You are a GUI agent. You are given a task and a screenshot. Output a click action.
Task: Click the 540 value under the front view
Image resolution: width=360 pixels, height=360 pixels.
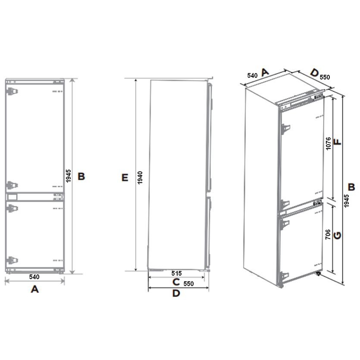(x=34, y=277)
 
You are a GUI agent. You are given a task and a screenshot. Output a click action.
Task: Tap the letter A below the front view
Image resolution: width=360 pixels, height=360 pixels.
(x=35, y=289)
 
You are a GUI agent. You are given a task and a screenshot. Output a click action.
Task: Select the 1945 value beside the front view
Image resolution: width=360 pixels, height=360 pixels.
(x=68, y=176)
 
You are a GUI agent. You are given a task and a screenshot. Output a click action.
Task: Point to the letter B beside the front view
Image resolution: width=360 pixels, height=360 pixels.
(x=81, y=176)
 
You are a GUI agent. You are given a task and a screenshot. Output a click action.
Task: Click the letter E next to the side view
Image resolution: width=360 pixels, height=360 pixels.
(x=125, y=178)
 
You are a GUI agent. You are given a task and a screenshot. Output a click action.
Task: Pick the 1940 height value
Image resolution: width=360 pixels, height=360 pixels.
(x=140, y=178)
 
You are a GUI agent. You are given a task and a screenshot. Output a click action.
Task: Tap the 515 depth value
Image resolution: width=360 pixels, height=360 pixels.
(x=176, y=273)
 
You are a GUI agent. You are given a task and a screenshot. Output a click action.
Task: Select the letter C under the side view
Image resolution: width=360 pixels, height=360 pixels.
(x=176, y=282)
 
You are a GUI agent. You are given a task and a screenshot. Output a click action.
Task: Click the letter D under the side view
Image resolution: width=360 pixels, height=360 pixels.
(x=176, y=293)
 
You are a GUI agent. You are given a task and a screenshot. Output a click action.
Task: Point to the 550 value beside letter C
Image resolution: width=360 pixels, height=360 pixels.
(x=189, y=284)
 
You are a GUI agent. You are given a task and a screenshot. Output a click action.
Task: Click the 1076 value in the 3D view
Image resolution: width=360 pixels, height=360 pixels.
(x=328, y=144)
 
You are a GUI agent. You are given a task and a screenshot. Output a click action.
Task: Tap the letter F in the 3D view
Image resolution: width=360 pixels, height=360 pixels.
(x=338, y=142)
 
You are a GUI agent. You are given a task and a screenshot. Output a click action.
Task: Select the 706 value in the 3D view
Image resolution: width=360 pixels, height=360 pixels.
(x=328, y=234)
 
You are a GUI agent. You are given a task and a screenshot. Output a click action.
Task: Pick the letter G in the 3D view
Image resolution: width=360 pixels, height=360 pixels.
(x=337, y=235)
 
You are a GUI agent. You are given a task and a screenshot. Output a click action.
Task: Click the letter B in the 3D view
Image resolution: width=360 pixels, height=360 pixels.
(x=351, y=187)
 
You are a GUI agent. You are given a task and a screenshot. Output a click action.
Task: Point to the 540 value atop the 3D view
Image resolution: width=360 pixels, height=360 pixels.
(x=252, y=75)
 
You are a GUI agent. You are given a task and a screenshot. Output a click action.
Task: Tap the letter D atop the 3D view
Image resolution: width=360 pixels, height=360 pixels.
(x=314, y=73)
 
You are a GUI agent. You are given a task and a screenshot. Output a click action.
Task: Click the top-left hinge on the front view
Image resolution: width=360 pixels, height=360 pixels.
(x=12, y=91)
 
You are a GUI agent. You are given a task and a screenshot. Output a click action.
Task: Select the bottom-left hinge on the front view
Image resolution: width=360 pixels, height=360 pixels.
(x=12, y=260)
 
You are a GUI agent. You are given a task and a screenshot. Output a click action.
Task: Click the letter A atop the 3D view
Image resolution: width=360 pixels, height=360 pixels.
(x=265, y=72)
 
